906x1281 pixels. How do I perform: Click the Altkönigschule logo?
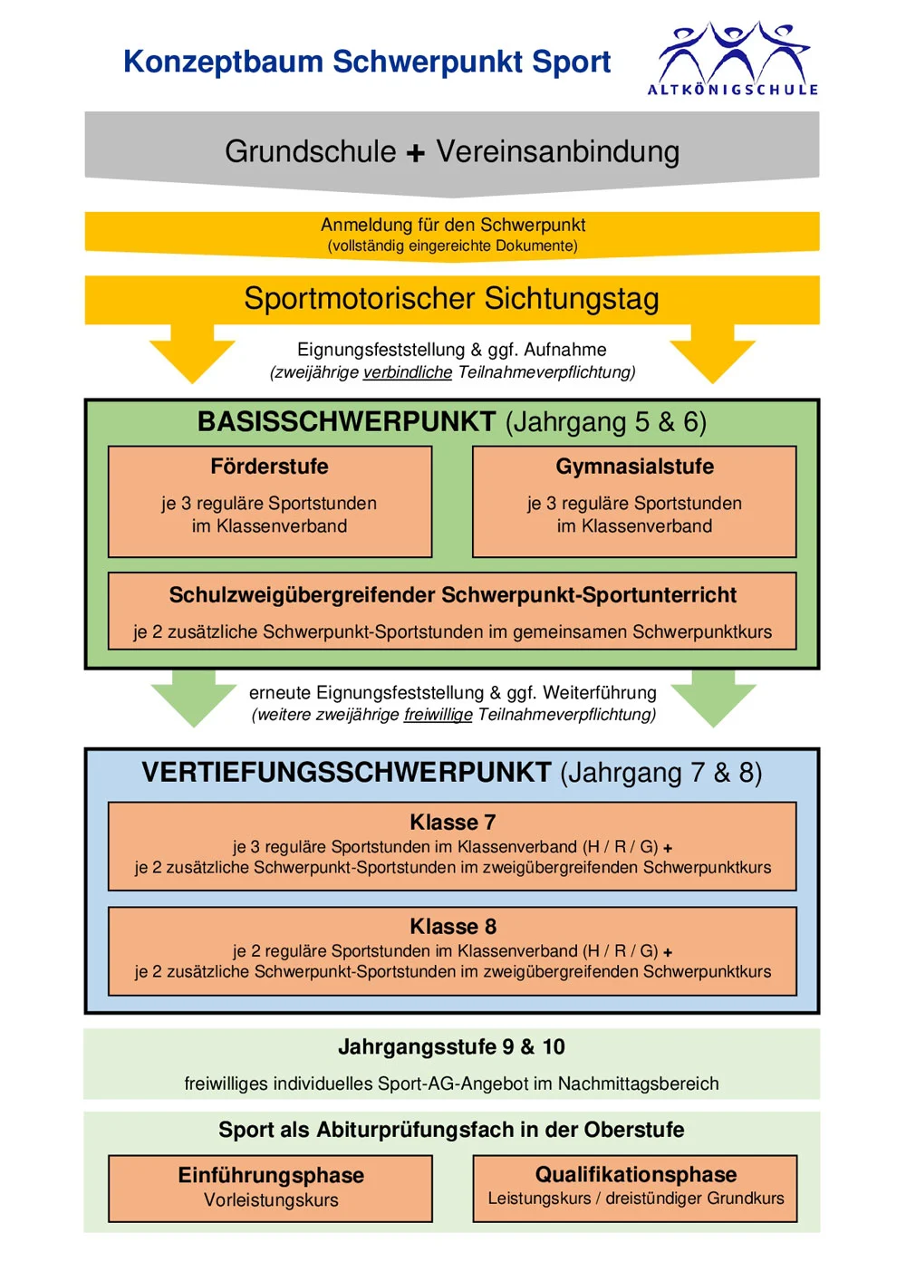[x=732, y=58]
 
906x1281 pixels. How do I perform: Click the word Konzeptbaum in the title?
[x=223, y=62]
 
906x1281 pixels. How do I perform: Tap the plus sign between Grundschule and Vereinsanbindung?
[x=416, y=153]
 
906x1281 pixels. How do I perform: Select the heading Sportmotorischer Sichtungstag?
[x=451, y=299]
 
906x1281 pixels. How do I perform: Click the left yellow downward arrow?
[x=192, y=355]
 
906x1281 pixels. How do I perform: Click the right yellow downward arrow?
[x=712, y=355]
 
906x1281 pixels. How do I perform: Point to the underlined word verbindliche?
[x=407, y=372]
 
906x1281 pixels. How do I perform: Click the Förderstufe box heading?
[x=269, y=467]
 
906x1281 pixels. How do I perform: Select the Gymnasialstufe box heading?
[x=634, y=467]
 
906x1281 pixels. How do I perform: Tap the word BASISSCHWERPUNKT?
[x=346, y=422]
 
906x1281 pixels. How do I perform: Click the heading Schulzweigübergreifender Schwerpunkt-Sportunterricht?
[x=452, y=595]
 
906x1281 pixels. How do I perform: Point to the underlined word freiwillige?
[x=438, y=715]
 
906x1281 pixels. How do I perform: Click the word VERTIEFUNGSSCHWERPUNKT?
[x=346, y=773]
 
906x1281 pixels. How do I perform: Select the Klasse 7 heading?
[x=452, y=823]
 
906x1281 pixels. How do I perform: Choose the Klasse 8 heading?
[x=452, y=927]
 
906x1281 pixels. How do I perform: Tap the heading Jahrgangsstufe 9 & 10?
[x=451, y=1047]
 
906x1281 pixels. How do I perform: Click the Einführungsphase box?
[x=270, y=1188]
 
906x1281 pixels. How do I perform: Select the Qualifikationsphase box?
[x=635, y=1187]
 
